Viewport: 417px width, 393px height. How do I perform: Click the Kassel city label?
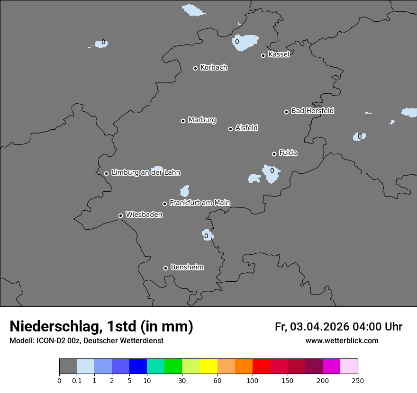(x=279, y=54)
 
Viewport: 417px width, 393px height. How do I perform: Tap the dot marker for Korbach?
(x=195, y=68)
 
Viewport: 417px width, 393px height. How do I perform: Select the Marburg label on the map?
(x=202, y=120)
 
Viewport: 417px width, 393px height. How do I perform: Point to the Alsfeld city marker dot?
(x=230, y=129)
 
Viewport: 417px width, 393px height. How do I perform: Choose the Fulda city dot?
(x=274, y=154)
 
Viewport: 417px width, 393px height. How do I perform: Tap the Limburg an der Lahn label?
(x=145, y=173)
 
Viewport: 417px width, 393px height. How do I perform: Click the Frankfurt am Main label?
(x=199, y=203)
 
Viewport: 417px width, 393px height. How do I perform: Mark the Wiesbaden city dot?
(x=120, y=215)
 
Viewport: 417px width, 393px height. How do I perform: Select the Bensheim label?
(x=187, y=267)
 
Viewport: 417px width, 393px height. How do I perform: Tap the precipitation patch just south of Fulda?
(x=272, y=174)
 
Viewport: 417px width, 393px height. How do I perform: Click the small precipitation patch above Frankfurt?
(x=184, y=191)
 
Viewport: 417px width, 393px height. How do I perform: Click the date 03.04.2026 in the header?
(x=319, y=327)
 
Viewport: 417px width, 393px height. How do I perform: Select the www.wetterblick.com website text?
(x=342, y=341)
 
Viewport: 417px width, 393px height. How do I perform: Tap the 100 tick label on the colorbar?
(x=253, y=380)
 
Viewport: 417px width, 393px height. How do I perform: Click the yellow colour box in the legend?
(x=208, y=366)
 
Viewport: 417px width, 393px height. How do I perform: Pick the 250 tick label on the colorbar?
(x=358, y=380)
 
